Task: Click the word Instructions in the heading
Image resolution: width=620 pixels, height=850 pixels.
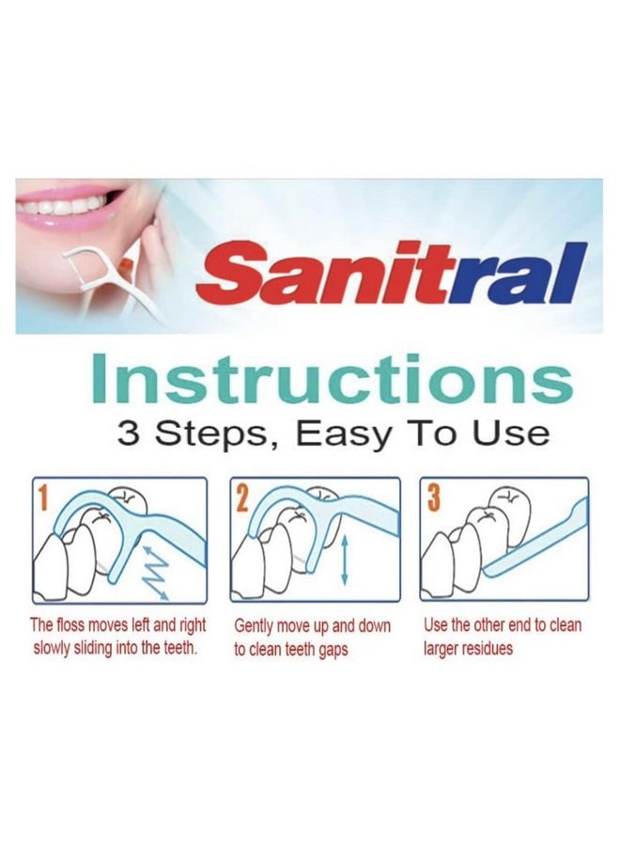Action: point(333,379)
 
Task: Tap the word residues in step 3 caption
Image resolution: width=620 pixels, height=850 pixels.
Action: point(487,649)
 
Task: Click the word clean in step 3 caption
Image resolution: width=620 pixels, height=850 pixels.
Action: point(566,625)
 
